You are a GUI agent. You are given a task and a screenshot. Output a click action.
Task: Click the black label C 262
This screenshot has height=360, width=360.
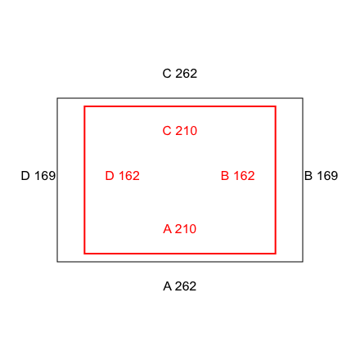180,74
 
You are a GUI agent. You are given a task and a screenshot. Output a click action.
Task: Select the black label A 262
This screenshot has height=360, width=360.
180,286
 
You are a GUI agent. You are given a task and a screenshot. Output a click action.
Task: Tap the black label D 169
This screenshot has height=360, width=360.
38,176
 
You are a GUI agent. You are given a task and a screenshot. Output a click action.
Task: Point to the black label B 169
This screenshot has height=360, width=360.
321,176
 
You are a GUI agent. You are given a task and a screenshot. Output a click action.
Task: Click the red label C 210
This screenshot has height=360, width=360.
180,131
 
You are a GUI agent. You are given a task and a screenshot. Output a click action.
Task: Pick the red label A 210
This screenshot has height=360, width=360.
180,229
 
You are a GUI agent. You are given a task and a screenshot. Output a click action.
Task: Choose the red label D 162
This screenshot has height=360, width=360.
123,176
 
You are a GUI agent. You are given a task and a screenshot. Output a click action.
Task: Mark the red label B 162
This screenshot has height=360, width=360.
238,176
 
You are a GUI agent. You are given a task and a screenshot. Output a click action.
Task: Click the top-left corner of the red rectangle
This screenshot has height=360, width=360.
84,106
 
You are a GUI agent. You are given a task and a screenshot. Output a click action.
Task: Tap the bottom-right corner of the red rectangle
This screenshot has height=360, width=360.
276,254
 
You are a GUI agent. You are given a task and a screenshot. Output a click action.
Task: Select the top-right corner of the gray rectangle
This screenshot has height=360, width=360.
303,98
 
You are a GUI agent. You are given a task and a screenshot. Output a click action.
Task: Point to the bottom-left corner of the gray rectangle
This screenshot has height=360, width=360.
57,262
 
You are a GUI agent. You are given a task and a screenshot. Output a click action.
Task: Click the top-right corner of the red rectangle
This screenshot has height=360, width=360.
276,106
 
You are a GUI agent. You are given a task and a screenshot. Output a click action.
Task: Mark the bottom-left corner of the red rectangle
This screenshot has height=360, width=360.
84,254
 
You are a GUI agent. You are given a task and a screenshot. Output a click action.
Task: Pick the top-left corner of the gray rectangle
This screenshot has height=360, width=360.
57,98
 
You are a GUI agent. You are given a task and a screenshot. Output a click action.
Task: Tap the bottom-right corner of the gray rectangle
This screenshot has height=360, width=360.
303,262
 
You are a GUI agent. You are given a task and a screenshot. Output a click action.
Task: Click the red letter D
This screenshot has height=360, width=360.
110,176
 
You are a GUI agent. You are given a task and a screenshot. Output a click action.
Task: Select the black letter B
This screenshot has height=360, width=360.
308,176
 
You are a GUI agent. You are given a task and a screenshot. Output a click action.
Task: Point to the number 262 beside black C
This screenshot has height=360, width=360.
187,74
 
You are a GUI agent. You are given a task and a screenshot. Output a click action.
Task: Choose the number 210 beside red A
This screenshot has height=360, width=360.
186,229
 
